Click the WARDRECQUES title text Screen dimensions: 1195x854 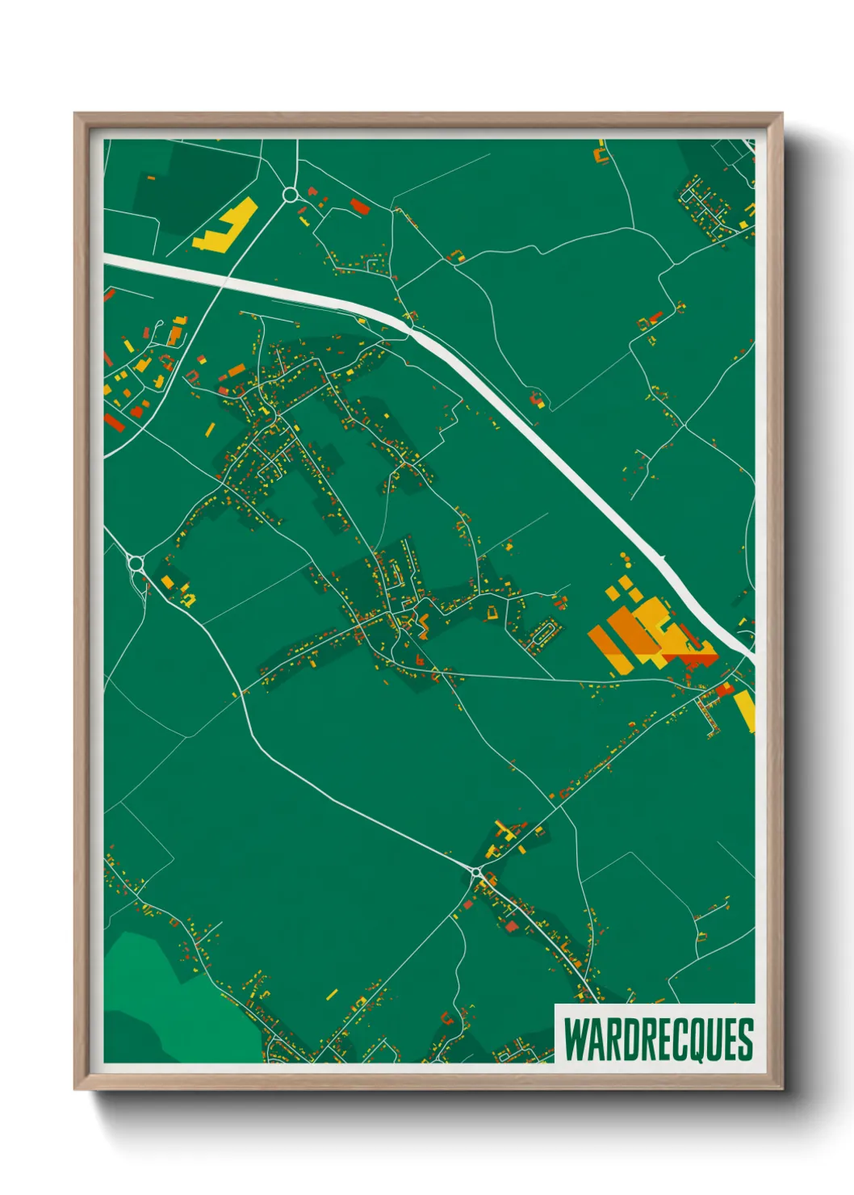tap(658, 1039)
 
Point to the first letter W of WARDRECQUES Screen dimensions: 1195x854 tap(576, 1039)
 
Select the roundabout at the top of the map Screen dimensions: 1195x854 tap(291, 195)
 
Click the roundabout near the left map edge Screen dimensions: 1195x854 tap(136, 563)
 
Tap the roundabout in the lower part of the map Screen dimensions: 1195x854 tap(476, 872)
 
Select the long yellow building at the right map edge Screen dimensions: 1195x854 tap(745, 711)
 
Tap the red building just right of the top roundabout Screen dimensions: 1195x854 tap(359, 207)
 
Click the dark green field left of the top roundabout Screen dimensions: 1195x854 tap(202, 186)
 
